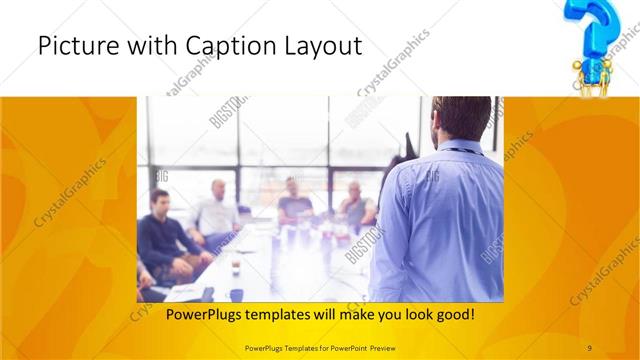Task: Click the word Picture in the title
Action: pyautogui.click(x=72, y=46)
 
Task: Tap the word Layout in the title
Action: pyautogui.click(x=321, y=46)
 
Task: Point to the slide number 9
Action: pyautogui.click(x=589, y=348)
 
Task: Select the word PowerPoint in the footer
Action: pyautogui.click(x=352, y=348)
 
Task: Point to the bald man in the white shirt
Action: pyautogui.click(x=216, y=210)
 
